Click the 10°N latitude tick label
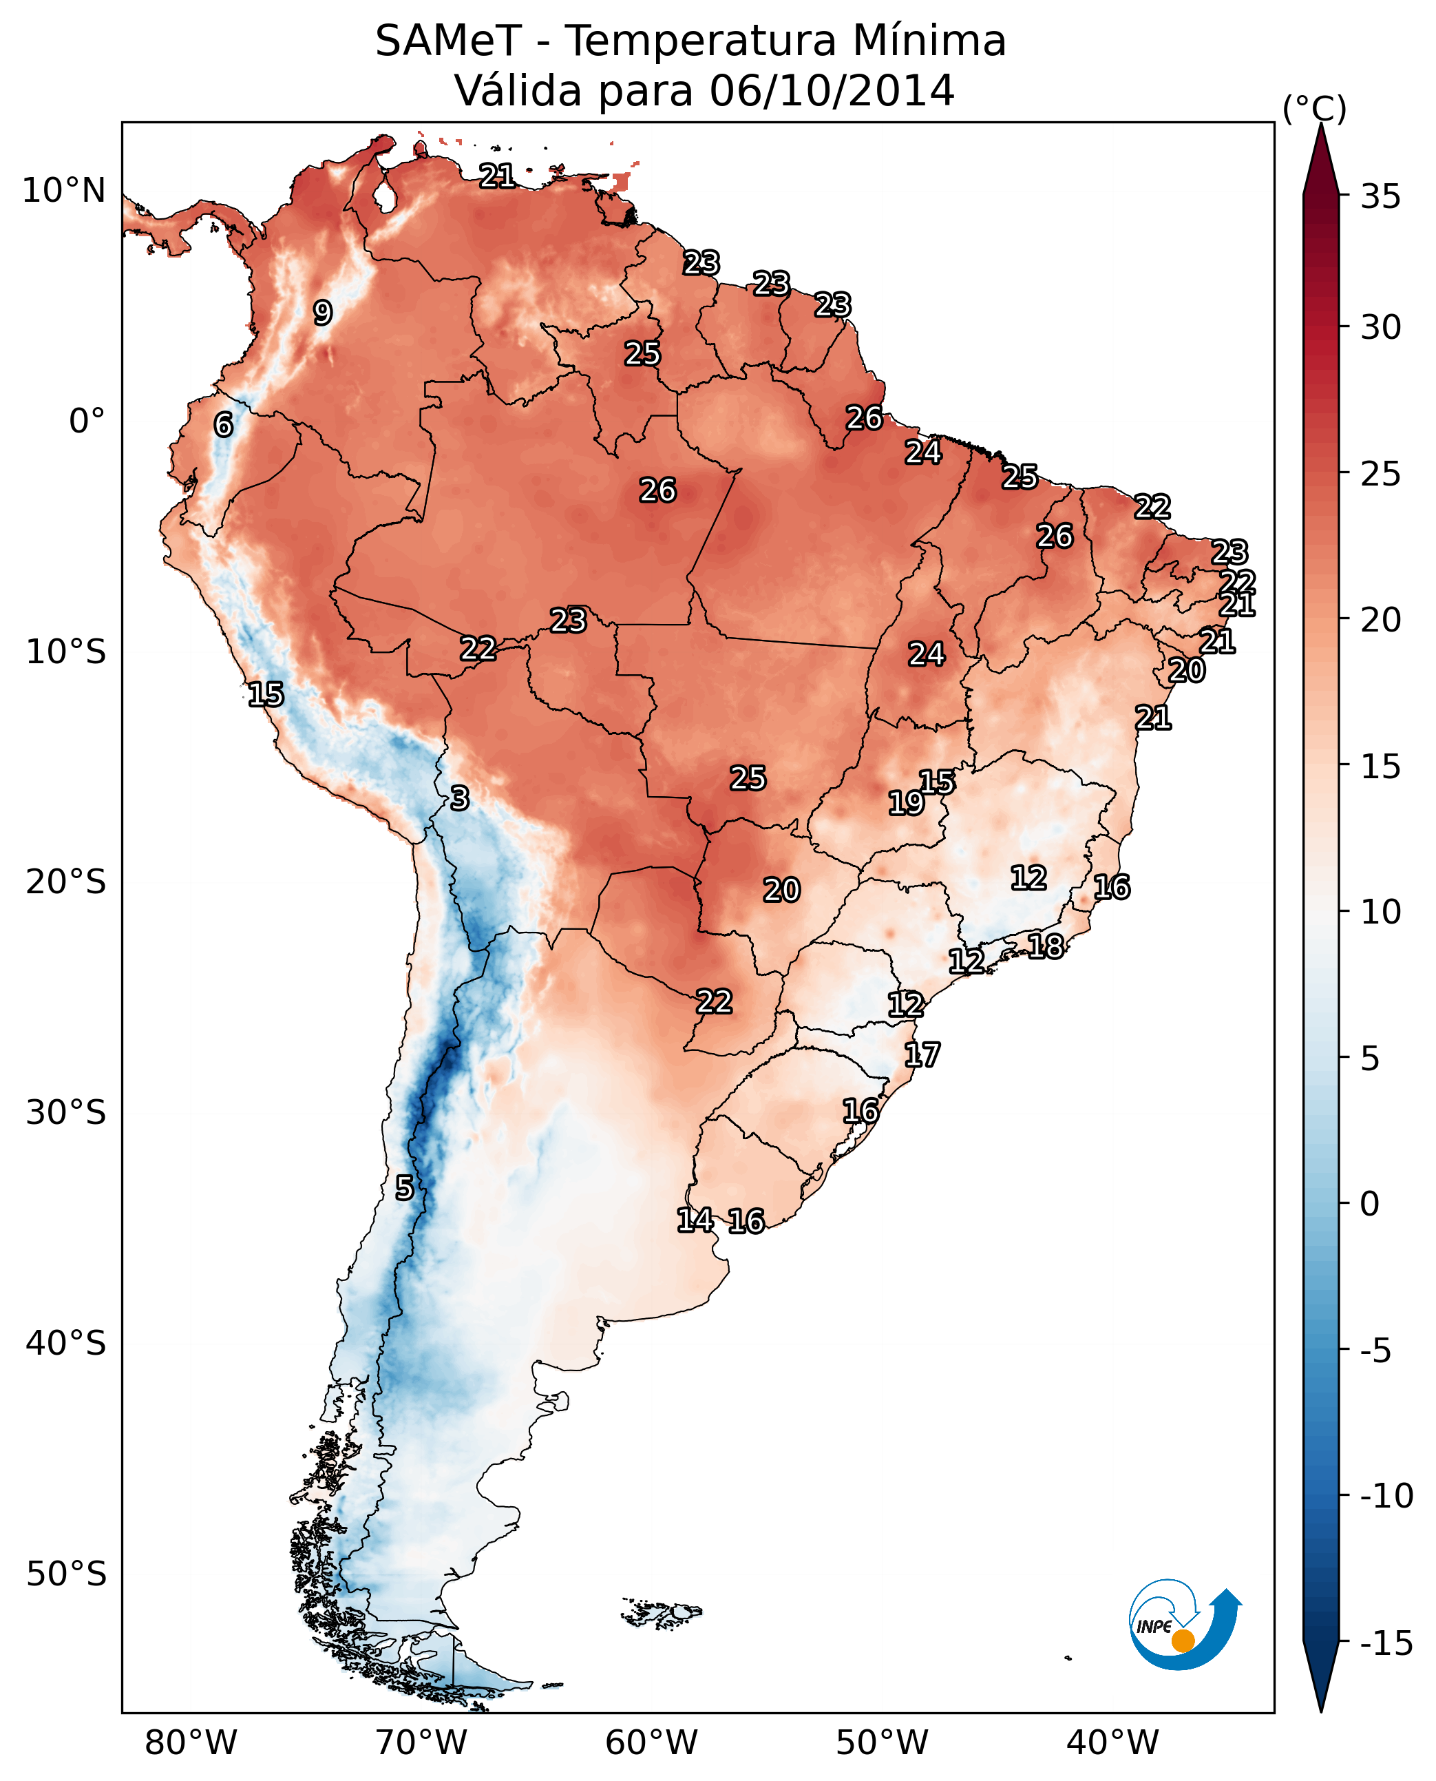click(64, 191)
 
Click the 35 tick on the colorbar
click(1380, 197)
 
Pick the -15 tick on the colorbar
click(1386, 1644)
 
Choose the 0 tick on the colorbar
click(1370, 1203)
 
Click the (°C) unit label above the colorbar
click(1314, 108)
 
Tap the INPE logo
click(1184, 1625)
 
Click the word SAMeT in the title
click(448, 41)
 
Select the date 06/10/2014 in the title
click(832, 90)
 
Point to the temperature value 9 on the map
click(323, 313)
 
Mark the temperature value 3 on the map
click(459, 798)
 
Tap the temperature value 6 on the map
click(223, 424)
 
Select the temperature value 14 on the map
click(695, 1219)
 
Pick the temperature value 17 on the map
click(922, 1054)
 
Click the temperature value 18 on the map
click(1046, 946)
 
